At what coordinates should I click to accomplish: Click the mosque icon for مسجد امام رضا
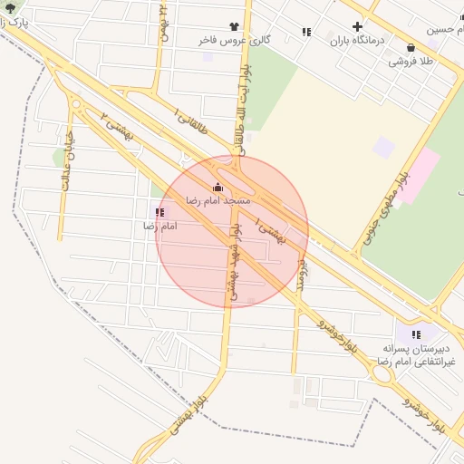point(216,188)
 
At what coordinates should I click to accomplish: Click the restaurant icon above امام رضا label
point(160,212)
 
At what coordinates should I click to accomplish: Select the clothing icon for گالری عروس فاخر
point(235,27)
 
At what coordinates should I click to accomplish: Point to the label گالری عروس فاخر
point(235,40)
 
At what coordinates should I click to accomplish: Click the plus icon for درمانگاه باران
point(357,27)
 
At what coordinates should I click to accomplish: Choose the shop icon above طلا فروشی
point(411,48)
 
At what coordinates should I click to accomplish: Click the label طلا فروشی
point(411,62)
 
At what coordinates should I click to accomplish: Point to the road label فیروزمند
point(304,272)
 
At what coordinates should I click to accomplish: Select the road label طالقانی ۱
point(192,122)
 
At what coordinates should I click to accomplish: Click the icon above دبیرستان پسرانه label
point(416,334)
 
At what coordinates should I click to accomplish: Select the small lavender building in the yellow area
point(384,146)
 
